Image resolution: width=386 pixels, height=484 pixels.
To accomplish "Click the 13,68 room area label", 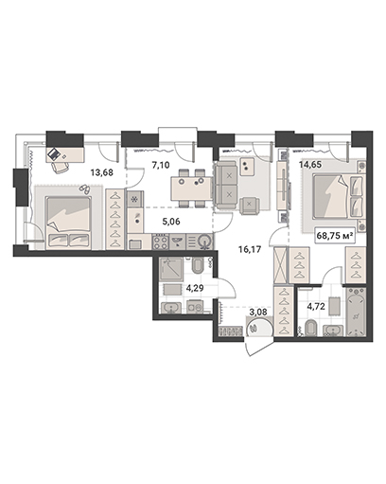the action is tap(101, 172).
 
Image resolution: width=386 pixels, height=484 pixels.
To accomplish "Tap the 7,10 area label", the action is tap(161, 165).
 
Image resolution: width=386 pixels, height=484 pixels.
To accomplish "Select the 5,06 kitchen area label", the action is tap(171, 222).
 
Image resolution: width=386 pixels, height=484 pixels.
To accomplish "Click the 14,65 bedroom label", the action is tap(310, 164).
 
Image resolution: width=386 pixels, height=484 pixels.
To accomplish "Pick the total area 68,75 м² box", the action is tap(335, 236).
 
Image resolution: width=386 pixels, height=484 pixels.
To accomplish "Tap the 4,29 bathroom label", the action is tap(194, 288).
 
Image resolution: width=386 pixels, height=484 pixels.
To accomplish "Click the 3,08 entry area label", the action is tap(258, 313).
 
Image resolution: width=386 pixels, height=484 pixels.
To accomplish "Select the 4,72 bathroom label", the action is tap(316, 306).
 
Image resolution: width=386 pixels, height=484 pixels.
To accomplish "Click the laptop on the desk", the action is tap(54, 153).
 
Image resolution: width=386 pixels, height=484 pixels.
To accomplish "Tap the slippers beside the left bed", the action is tap(84, 188).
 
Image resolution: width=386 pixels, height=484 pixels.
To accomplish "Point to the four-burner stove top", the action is tap(160, 242).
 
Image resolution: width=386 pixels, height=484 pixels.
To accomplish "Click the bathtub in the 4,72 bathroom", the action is tap(357, 312).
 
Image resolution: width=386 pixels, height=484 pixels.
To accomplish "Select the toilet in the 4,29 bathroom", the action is tap(198, 266).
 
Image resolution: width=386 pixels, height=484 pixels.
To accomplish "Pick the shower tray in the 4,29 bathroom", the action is tap(171, 269).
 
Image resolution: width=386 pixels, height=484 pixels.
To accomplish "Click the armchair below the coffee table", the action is tap(250, 206).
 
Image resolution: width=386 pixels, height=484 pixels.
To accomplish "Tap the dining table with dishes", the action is tap(192, 188).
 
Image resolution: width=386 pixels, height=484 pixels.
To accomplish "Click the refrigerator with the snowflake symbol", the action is tap(135, 199).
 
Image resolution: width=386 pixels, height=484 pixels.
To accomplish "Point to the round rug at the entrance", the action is tap(260, 328).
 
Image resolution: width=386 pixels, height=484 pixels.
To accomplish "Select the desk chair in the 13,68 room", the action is tap(61, 168).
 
